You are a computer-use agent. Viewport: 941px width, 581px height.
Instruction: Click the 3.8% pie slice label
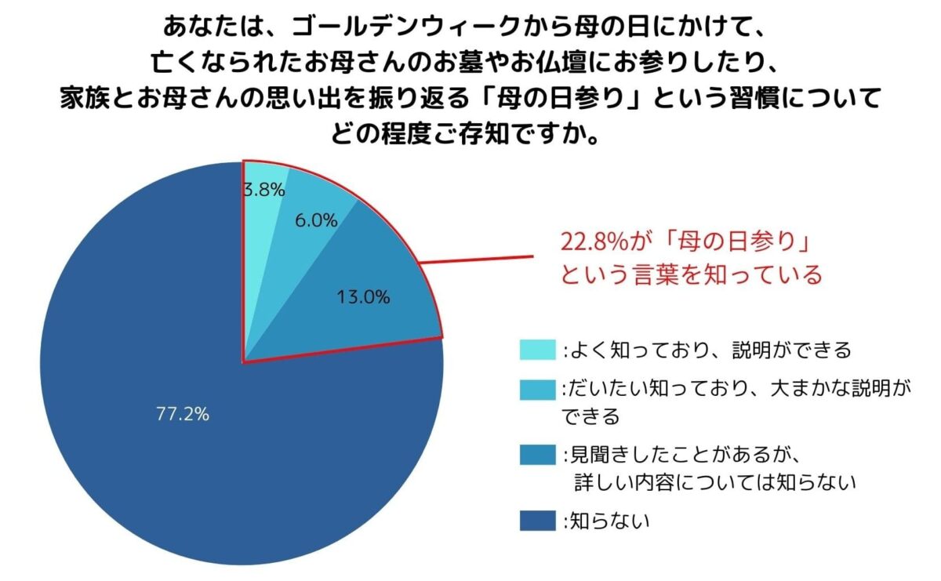pos(263,190)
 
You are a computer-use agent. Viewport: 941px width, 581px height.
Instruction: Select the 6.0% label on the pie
pos(316,221)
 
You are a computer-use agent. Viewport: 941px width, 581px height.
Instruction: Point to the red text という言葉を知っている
pos(690,274)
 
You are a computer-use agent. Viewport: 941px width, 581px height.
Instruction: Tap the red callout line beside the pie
pos(478,259)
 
